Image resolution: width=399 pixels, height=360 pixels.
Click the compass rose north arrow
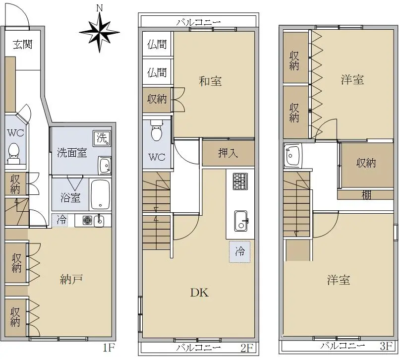click(100, 32)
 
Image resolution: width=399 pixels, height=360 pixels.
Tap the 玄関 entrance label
click(23, 45)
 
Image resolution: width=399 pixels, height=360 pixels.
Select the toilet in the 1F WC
click(14, 153)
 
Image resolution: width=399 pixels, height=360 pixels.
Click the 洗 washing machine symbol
click(102, 138)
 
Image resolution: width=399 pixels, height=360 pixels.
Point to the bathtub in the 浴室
click(100, 194)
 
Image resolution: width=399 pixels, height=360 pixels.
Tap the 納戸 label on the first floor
click(71, 280)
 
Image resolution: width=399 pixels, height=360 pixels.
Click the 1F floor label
click(110, 347)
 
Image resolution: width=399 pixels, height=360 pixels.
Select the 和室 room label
click(210, 81)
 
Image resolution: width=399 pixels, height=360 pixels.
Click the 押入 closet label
click(228, 153)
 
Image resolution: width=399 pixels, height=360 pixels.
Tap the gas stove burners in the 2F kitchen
click(240, 181)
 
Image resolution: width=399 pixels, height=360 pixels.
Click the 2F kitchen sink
click(241, 221)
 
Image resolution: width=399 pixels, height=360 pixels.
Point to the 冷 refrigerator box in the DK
click(240, 252)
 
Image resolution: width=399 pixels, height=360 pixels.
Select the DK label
click(199, 293)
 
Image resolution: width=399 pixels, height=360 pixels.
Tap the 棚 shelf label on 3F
click(366, 195)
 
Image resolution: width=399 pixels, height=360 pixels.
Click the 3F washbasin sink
click(293, 156)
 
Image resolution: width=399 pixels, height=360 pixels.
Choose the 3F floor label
click(386, 346)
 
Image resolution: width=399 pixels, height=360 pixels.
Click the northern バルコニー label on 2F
click(199, 22)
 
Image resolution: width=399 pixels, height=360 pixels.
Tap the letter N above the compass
click(100, 8)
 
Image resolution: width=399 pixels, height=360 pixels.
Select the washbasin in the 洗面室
click(105, 166)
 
